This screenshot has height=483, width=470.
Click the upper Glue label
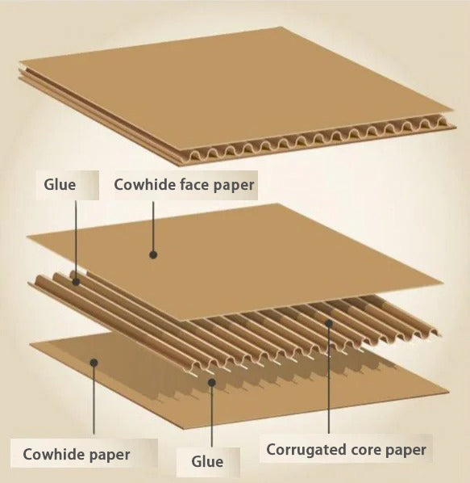(60, 185)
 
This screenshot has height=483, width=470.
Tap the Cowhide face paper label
(184, 185)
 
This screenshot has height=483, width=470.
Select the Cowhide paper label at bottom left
(77, 455)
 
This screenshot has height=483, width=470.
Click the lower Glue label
(207, 461)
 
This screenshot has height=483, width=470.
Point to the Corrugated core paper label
(346, 450)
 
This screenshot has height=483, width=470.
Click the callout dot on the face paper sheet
(153, 254)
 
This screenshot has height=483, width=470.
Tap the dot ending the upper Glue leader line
(76, 282)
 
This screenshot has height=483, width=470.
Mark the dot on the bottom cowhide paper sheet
(94, 363)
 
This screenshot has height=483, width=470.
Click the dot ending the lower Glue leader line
(211, 383)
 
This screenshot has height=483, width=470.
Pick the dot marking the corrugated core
(329, 323)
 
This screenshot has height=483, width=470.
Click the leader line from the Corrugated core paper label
(329, 378)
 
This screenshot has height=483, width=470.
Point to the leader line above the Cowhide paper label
(94, 399)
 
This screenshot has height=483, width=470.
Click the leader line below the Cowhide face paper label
(153, 229)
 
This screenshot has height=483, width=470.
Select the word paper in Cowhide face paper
(234, 186)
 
